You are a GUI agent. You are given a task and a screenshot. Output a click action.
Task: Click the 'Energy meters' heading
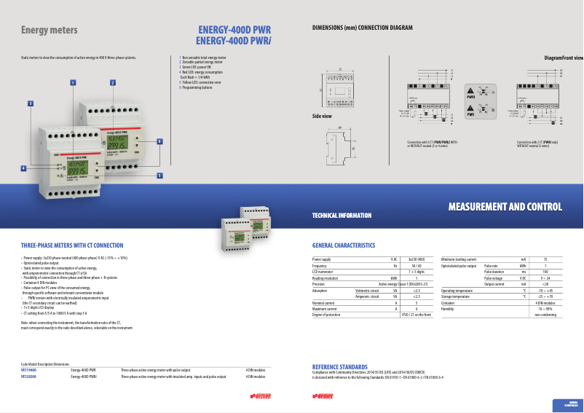(50, 31)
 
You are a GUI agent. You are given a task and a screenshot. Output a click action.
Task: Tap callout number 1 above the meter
(73, 82)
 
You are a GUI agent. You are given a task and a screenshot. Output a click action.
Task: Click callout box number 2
(113, 82)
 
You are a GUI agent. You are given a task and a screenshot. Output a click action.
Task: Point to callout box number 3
(31, 103)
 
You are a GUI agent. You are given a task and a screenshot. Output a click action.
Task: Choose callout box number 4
(24, 168)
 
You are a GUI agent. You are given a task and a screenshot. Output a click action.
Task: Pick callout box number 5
(159, 176)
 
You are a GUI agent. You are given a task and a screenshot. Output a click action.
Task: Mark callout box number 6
(159, 141)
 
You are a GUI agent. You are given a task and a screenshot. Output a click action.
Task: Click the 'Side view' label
(322, 117)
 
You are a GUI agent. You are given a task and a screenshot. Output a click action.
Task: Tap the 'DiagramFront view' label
(564, 57)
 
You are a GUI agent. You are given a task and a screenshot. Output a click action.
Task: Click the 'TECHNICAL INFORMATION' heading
(342, 216)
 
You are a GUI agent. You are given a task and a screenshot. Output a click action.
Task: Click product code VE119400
(29, 370)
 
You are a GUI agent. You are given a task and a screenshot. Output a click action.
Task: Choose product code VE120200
(29, 377)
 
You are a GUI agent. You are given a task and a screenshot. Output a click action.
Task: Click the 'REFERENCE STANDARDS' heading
(339, 366)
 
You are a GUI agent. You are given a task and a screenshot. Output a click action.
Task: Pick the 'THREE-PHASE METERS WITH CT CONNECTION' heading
(72, 245)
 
